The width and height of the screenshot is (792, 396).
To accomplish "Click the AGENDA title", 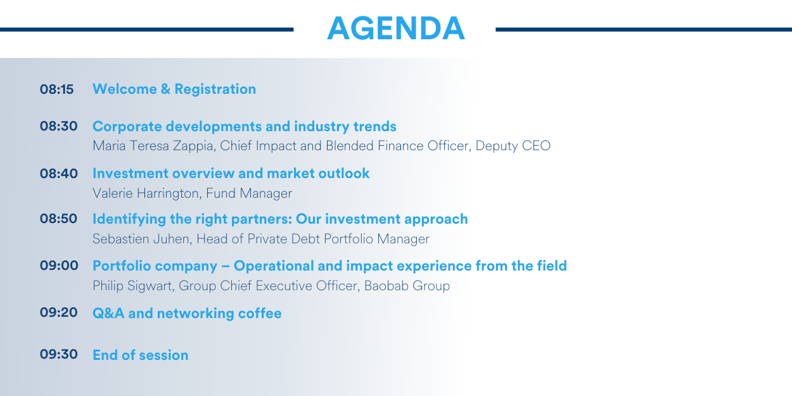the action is coord(395,29).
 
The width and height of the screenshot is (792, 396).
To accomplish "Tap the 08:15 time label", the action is coord(56,89).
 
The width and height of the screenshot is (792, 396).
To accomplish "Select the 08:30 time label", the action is coord(58,126).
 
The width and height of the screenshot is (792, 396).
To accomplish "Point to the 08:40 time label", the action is coord(58,174).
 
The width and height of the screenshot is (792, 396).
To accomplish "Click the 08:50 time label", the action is coord(58,219).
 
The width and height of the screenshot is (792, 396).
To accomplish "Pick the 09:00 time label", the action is coord(59,265).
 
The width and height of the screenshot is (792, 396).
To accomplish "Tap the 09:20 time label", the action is coord(58,312).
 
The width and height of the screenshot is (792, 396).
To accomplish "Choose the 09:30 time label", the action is coord(58,354).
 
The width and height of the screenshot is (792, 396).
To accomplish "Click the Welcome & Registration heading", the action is coord(174,89).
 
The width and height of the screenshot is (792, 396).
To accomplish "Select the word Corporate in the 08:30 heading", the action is coord(127,127).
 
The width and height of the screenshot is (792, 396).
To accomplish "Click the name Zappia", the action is coord(194,146).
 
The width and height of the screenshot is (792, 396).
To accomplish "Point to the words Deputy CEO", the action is coord(513,146).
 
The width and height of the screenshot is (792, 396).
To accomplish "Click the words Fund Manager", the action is coord(249,194).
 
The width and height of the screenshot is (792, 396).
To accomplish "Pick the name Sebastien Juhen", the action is coord(142,240).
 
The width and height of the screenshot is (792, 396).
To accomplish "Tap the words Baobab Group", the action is coord(407,286).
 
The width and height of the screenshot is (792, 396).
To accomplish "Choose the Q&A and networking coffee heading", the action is coord(187,314).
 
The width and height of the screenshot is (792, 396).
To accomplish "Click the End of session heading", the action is coord(141,355).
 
